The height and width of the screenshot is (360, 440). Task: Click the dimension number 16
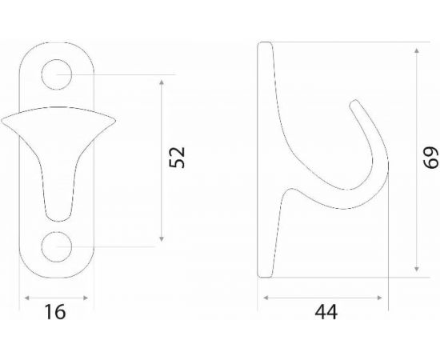(55, 312)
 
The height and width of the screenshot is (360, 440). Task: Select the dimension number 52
(177, 157)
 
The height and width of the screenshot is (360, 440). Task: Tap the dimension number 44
(326, 312)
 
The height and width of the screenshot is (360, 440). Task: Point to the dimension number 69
(431, 158)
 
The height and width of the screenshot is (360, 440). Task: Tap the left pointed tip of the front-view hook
(2, 121)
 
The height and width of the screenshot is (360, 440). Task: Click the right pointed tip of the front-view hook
(114, 121)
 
